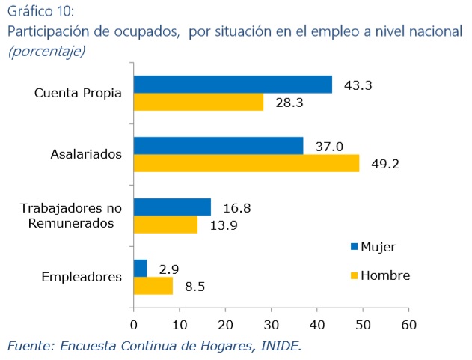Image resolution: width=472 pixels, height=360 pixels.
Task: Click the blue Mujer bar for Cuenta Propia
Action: tap(232, 85)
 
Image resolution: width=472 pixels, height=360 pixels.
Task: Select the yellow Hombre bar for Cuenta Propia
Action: tap(198, 102)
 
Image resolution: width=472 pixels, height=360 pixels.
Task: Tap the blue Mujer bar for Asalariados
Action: tap(218, 146)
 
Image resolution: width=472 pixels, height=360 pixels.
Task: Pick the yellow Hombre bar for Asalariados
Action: tap(245, 163)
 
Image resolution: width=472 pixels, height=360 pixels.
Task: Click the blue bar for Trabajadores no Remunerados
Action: tap(171, 207)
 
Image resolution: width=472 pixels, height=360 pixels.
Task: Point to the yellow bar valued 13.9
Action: tap(165, 225)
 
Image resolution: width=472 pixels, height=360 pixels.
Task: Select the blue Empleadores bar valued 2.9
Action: tap(140, 268)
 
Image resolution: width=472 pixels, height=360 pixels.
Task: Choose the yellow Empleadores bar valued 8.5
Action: tap(153, 285)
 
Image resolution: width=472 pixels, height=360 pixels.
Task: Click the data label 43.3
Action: tap(358, 85)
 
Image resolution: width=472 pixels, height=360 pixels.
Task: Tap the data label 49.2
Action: tap(384, 164)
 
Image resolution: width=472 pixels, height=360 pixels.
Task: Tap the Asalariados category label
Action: tap(86, 155)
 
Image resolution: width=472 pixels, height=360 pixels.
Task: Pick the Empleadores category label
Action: tap(82, 277)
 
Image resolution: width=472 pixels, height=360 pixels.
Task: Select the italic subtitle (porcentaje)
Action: tap(46, 51)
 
